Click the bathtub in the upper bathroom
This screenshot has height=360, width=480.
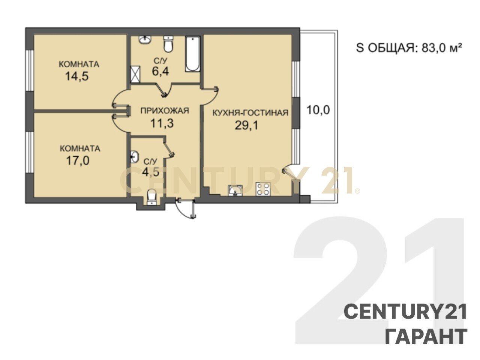pos(192,54)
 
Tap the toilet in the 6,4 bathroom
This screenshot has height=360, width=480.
pos(168,44)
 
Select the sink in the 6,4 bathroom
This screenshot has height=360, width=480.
pos(144,40)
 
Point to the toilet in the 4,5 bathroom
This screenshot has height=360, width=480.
pos(151,197)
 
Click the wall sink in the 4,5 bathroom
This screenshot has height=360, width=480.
pos(135,157)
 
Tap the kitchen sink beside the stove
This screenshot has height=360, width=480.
pos(235,190)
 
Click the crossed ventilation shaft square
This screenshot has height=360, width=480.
pos(135,74)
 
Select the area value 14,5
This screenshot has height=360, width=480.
pos(77,76)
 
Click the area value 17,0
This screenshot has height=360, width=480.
pos(78,160)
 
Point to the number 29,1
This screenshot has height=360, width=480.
pos(246,126)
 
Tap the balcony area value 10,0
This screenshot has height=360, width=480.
pos(318,110)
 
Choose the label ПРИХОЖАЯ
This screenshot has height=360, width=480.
pos(165,111)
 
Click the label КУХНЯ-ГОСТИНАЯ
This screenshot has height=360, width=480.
pos(250,113)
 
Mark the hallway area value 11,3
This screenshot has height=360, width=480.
pos(162,123)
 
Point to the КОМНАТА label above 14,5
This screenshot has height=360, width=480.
pos(79,64)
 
